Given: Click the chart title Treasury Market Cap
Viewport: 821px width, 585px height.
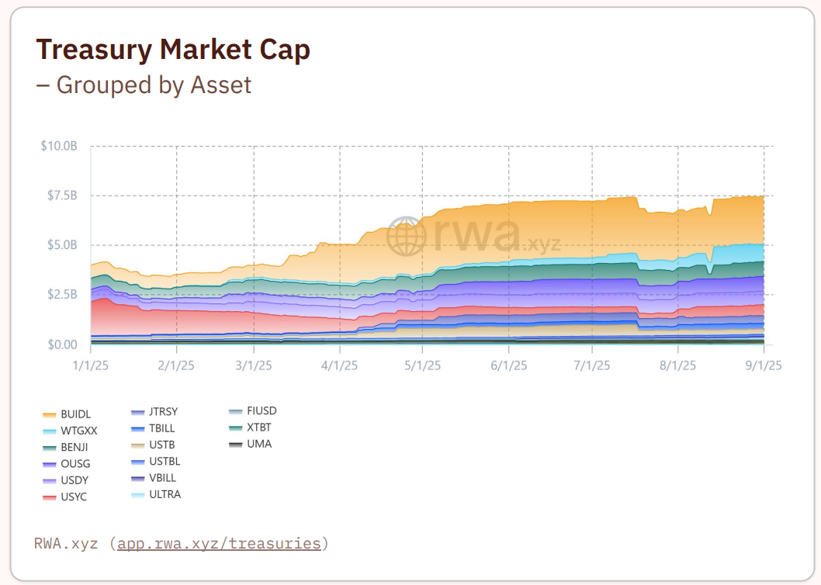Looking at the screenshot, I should point(173,50).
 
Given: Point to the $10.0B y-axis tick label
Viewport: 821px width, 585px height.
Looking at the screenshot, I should point(59,146).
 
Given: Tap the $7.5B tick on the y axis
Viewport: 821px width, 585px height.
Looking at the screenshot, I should point(61,196).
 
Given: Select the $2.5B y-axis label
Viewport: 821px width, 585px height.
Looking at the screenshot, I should point(61,295).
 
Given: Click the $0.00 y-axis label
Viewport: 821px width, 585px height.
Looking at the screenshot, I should point(61,344).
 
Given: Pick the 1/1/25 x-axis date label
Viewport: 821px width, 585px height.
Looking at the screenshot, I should point(91,365).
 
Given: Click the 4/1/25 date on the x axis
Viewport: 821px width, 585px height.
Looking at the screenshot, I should point(338,365).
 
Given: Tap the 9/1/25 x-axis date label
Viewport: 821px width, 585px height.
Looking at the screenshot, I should point(764,365).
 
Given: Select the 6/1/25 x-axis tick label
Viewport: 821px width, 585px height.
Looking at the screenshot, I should point(508,365).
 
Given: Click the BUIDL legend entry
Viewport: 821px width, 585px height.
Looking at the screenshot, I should point(75,415).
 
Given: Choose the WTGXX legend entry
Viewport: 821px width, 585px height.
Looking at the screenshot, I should point(78,431).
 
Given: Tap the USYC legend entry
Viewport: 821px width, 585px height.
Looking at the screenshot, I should point(74,497).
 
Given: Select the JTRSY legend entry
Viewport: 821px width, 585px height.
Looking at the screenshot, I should point(163,412).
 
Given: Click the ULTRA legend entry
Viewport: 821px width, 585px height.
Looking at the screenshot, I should point(165,494).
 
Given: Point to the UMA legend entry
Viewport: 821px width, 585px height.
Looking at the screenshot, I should point(258,445).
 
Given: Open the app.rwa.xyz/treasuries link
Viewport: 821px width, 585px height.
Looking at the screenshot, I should point(219,543).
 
